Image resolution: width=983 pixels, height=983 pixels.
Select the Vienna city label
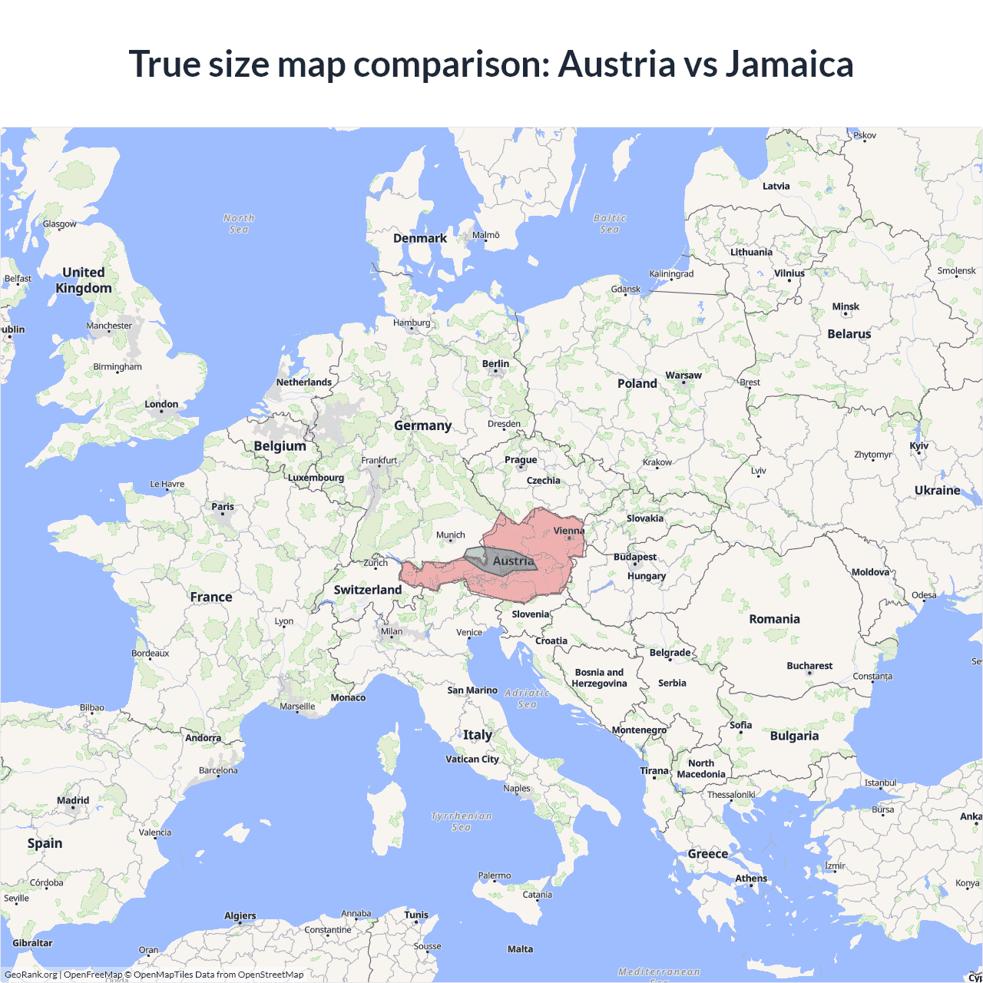[569, 531]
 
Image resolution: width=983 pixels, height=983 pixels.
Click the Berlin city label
[495, 364]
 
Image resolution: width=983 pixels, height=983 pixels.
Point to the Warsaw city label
[683, 376]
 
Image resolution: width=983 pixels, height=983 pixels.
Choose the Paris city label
[223, 507]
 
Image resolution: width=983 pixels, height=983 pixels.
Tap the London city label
[161, 405]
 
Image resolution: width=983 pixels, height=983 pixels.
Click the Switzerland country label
[367, 590]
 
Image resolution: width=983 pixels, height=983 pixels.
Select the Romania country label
[774, 619]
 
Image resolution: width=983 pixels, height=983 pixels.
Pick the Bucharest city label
[809, 666]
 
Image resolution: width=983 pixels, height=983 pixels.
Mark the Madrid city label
[73, 800]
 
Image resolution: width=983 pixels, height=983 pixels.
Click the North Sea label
[239, 223]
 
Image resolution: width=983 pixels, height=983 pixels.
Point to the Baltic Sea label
[610, 223]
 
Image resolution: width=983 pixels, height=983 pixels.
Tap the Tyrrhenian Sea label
[461, 821]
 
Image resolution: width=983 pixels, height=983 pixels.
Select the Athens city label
[751, 879]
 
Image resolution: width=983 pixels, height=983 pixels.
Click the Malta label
[520, 949]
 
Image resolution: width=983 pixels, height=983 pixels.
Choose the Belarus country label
[849, 334]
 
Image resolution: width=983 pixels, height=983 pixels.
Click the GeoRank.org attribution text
[31, 975]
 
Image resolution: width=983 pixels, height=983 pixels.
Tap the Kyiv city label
[919, 446]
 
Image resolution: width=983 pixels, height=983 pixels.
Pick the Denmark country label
[420, 238]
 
